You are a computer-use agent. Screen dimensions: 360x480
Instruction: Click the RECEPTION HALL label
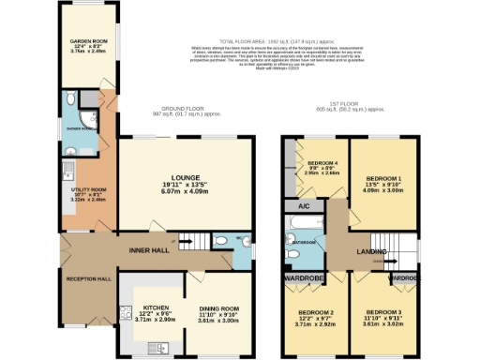(88, 279)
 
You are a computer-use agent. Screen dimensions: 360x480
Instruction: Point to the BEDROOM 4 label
(318, 162)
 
